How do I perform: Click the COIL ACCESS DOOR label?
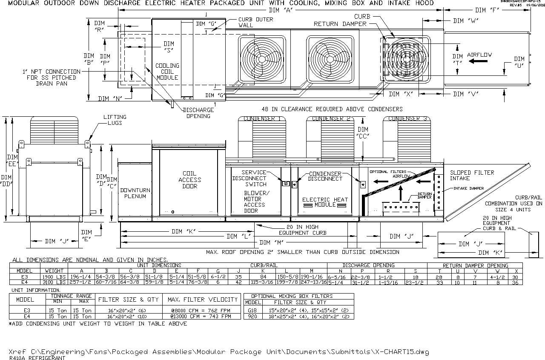tap(189, 180)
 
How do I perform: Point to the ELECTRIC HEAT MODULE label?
tap(325, 202)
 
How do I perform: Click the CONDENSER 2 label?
tap(331, 119)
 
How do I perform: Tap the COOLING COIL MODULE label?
tap(167, 72)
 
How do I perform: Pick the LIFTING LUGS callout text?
tap(115, 120)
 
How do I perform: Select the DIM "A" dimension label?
tap(280, 10)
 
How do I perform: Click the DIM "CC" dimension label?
tap(363, 132)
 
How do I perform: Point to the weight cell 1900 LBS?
tap(54, 276)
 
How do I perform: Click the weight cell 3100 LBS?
tap(54, 282)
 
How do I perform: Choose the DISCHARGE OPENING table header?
tap(368, 265)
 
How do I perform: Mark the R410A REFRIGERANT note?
tap(37, 358)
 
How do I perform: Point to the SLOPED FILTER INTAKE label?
tap(472, 176)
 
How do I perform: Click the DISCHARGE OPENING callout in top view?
tap(198, 112)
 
